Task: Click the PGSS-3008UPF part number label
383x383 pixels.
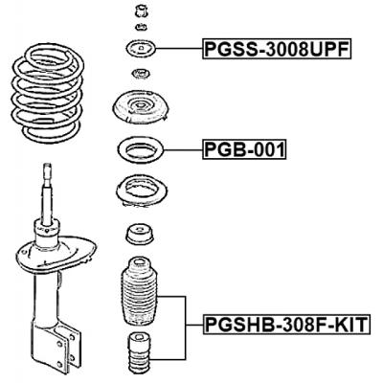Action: pos(277,49)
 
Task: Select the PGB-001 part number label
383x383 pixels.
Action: pos(244,149)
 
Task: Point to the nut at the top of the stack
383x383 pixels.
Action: pos(141,12)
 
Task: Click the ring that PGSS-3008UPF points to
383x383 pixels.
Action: pos(141,49)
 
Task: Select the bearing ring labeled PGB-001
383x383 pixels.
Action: pos(141,149)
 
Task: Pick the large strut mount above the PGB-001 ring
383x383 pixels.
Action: pos(141,108)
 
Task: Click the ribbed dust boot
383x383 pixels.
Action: pos(141,291)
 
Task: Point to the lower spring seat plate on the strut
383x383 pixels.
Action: pos(56,254)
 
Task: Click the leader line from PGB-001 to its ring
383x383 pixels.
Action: pos(183,149)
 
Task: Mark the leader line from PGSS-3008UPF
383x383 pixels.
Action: pos(179,49)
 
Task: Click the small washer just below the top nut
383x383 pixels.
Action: pos(141,27)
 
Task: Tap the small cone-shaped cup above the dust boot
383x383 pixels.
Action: pos(139,235)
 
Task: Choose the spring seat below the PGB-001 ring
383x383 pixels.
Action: pos(141,193)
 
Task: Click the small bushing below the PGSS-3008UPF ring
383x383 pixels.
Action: pos(140,74)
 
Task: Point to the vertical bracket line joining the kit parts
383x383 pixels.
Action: pos(186,327)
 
